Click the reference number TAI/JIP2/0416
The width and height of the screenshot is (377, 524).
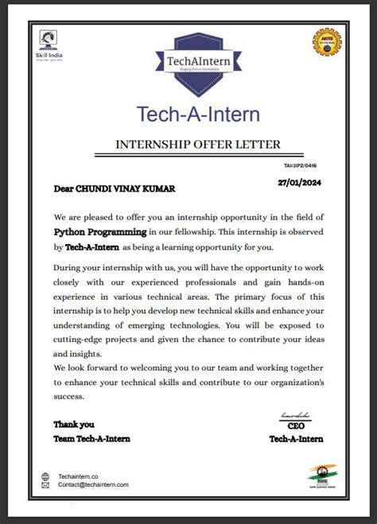[x=309, y=167]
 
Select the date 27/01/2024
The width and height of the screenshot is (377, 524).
[x=300, y=183]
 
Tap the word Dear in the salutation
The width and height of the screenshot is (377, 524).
[x=63, y=189]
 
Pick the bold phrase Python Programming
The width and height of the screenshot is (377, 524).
[x=100, y=232]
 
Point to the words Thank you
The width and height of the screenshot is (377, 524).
[x=74, y=425]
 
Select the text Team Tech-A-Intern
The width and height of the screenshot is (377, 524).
[x=91, y=438]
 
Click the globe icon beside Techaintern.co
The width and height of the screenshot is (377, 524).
[x=46, y=476]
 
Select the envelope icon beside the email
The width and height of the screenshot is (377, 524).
[x=46, y=485]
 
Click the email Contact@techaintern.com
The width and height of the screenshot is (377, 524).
[x=93, y=485]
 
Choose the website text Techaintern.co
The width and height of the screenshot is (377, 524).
[x=80, y=476]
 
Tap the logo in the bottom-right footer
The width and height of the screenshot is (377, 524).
[x=323, y=475]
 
